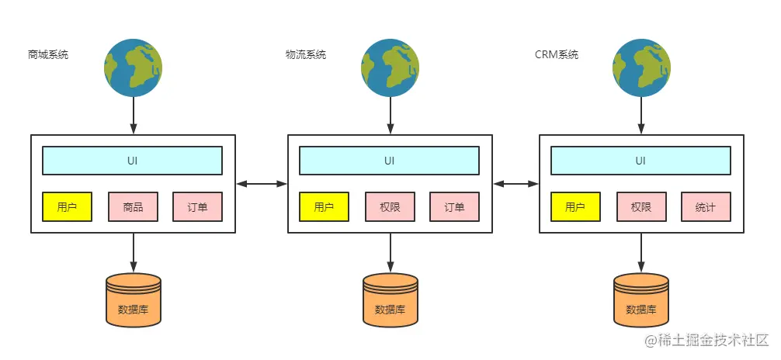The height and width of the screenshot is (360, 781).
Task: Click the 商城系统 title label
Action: point(48,55)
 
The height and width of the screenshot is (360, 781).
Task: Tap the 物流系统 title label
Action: point(306,55)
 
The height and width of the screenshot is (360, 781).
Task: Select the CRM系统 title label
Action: point(557,55)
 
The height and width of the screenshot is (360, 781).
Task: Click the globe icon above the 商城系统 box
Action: point(134,68)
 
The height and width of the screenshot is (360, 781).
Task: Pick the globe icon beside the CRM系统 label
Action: point(640,68)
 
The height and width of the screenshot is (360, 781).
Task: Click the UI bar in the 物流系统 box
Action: point(389,161)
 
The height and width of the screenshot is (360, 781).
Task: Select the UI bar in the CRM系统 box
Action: point(640,161)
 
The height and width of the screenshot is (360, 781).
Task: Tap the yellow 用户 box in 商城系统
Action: point(67,207)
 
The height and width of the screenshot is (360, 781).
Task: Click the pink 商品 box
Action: point(133,207)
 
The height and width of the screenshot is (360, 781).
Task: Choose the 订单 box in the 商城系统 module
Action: point(197,207)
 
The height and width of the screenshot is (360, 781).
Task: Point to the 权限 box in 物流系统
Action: point(390,207)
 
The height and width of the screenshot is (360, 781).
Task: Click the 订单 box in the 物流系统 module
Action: point(454,207)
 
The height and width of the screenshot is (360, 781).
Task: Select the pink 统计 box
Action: point(706,207)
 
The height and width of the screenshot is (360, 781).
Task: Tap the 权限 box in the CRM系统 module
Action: point(641,207)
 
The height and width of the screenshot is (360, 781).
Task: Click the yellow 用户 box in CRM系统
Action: point(575,207)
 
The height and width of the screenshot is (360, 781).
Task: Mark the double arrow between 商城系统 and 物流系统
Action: point(262,184)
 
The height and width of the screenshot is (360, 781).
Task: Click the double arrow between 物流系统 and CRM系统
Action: point(516,184)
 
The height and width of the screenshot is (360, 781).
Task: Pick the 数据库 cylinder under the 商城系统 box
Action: point(134,299)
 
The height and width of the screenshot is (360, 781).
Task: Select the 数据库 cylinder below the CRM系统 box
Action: point(640,299)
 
